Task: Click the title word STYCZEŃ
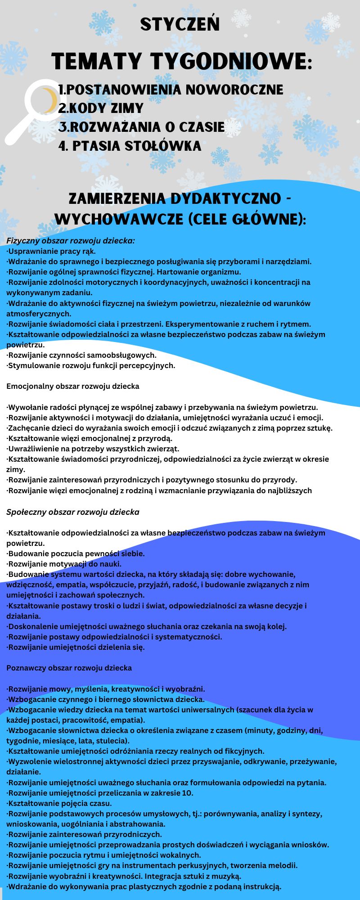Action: (180, 24)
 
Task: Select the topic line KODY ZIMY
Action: (101, 108)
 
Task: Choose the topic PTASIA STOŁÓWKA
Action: (130, 146)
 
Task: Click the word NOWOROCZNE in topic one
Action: (234, 90)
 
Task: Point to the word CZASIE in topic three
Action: (202, 127)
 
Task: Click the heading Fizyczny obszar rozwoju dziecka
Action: (71, 241)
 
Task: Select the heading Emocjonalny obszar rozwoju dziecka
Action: (73, 386)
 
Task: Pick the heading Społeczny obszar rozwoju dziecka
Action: (73, 512)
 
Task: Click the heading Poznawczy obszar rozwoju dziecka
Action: (69, 668)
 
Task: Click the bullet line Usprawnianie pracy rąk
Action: (51, 251)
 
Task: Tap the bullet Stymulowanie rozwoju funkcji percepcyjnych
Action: (91, 365)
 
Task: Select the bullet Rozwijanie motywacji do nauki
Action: (64, 564)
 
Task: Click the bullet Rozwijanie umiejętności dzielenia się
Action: (76, 647)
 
